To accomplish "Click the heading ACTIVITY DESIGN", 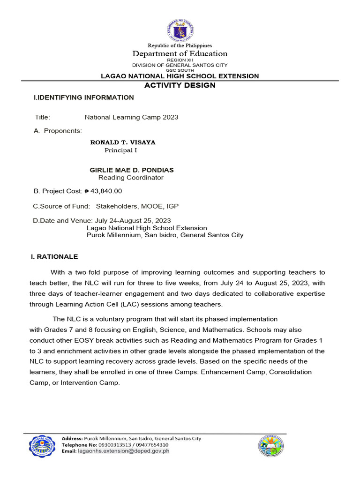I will pos(180,85).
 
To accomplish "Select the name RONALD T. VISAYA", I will pos(122,142).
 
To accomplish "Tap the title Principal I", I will pos(121,150).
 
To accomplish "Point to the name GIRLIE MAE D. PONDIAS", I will pos(131,170).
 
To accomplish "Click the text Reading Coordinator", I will pos(131,178).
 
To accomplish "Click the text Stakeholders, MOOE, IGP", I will pos(137,206).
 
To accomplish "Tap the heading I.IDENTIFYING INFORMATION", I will pos(84,97).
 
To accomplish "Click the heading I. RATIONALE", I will pos(54,257).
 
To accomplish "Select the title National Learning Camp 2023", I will pos(131,117).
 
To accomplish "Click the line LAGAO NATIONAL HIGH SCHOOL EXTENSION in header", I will pos(180,76).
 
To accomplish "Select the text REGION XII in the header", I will pos(180,60).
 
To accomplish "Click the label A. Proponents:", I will pos(58,131).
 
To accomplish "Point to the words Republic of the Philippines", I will pos(180,45).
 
